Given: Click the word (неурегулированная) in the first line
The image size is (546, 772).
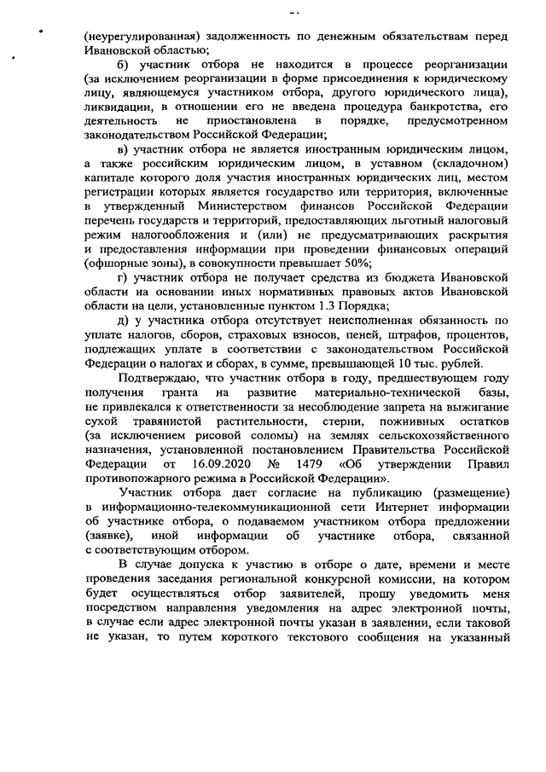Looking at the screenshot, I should point(142,38).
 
